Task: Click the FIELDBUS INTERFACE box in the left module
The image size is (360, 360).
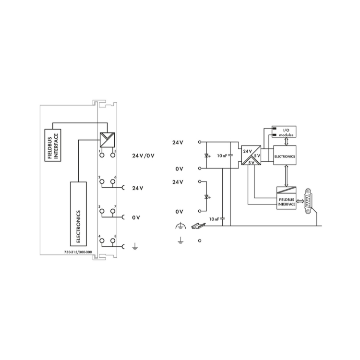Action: (x=53, y=145)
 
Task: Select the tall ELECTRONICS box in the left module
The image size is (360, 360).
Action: (x=78, y=214)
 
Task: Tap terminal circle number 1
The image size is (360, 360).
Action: (x=102, y=155)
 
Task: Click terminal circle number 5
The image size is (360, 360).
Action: (x=112, y=155)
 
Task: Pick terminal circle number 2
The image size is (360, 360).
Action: (x=102, y=181)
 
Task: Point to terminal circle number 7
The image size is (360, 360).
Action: (x=112, y=211)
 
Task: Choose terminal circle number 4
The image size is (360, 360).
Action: (x=102, y=240)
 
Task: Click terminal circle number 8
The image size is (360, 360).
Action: (x=112, y=240)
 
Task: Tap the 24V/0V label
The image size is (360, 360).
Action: (x=143, y=156)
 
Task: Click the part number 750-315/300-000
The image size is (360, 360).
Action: (x=78, y=252)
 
